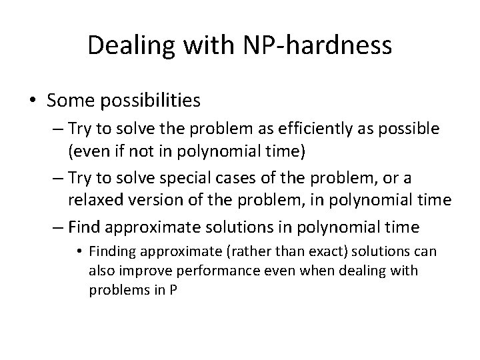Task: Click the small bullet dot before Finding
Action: (79, 251)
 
